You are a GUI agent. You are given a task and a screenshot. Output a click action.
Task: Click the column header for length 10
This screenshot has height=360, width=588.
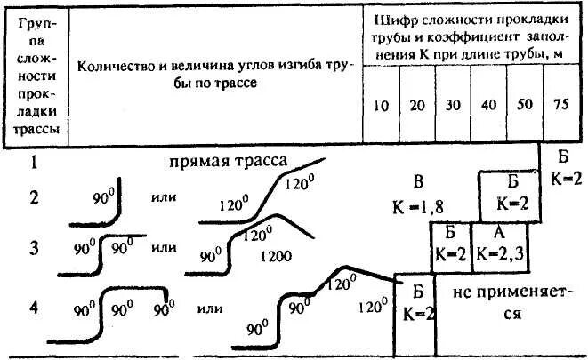[x=381, y=105]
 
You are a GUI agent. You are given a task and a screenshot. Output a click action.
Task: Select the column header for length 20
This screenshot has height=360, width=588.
[x=415, y=105]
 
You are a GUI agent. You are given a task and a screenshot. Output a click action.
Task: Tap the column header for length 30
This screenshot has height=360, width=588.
[x=452, y=105]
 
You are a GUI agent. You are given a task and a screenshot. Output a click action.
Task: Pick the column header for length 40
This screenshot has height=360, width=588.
[x=488, y=105]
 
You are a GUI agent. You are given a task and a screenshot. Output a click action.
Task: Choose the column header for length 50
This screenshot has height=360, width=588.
[x=524, y=105]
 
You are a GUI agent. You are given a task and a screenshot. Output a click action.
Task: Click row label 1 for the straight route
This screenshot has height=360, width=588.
[x=34, y=162]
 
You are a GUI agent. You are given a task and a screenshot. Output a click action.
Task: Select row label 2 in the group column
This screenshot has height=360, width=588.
[x=34, y=197]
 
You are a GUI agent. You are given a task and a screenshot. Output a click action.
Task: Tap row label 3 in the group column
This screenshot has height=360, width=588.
[x=34, y=247]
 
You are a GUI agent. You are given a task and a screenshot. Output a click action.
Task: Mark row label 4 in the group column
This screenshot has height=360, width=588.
[x=34, y=307]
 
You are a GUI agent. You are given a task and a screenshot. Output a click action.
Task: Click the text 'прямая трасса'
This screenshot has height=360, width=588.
[x=228, y=162]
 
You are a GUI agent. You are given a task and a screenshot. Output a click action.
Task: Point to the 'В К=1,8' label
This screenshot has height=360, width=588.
[x=415, y=195]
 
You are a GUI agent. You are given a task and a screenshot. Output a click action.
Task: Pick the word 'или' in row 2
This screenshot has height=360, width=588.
[x=164, y=197]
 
